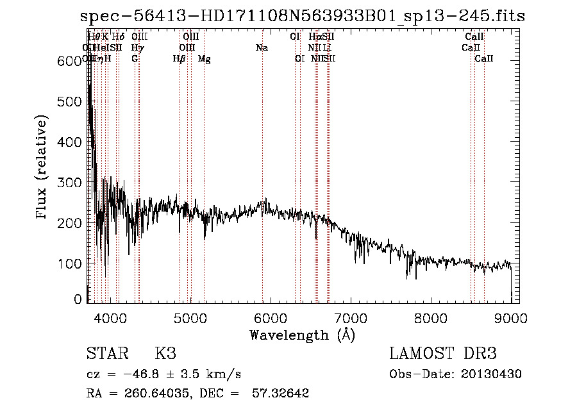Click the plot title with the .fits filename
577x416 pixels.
303,16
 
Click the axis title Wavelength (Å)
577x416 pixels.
302,335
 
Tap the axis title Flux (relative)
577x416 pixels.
43,168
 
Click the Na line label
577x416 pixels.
262,48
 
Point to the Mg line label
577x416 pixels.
205,59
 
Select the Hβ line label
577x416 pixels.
179,59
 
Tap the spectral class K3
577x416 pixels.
165,354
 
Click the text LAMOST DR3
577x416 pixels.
443,354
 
